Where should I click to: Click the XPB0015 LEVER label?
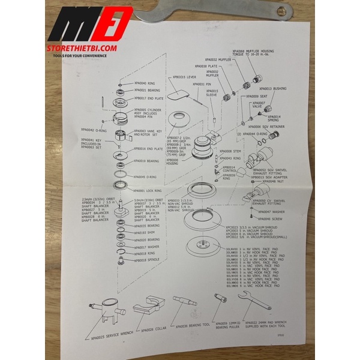pyautogui.click(x=185, y=77)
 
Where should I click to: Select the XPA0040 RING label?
pyautogui.click(x=143, y=84)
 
